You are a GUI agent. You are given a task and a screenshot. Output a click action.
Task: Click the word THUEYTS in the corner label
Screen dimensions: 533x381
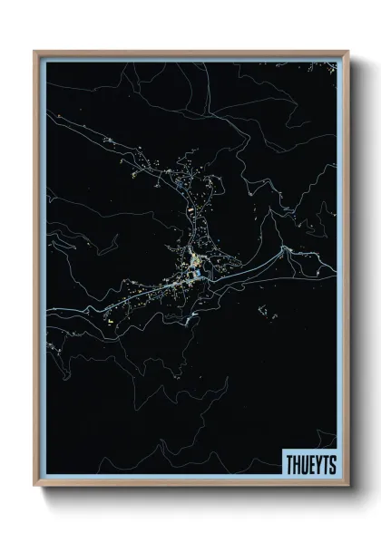coord(310,463)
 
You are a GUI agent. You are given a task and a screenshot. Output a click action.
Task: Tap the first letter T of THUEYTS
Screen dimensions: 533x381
coord(289,463)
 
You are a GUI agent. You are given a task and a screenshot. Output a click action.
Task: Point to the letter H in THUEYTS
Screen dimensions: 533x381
coord(297,463)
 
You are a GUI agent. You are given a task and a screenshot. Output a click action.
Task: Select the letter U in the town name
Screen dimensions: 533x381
coord(304,463)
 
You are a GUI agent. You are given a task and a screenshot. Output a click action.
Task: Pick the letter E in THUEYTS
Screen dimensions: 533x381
coord(311,463)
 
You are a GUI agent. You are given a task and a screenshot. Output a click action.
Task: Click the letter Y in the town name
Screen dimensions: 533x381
coord(317,463)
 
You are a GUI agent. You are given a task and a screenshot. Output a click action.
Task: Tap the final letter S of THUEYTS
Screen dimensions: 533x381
coord(332,463)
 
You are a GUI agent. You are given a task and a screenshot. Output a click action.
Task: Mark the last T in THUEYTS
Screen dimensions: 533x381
coord(325,463)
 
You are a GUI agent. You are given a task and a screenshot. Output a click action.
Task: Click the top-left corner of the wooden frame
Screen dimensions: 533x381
coord(35,52)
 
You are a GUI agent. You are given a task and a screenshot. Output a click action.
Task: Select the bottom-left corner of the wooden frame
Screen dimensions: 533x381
coord(35,485)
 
